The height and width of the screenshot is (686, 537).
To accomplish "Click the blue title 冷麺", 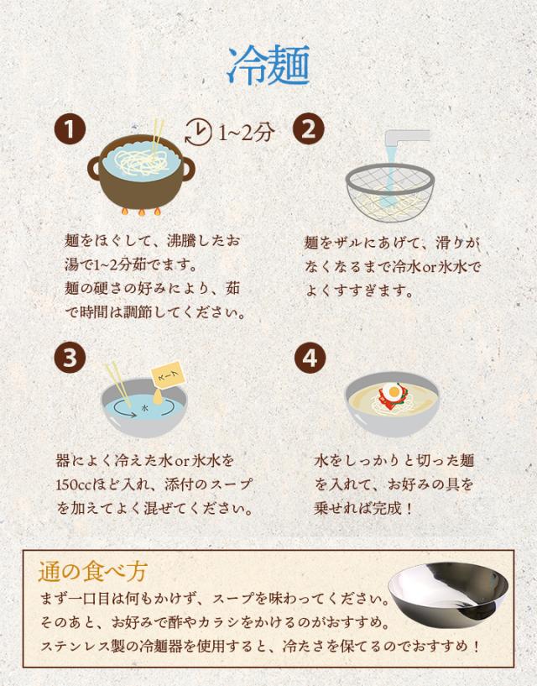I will click(x=268, y=65).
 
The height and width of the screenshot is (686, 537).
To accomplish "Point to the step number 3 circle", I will click(x=70, y=357).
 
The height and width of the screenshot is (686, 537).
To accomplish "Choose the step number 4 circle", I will click(x=309, y=357).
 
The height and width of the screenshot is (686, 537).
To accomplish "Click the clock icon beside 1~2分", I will click(x=198, y=131).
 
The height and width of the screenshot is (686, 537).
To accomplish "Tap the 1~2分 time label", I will click(x=246, y=132).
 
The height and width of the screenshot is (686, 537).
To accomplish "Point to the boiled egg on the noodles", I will click(x=394, y=392).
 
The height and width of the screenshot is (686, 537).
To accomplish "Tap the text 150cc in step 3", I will click(x=76, y=485).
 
